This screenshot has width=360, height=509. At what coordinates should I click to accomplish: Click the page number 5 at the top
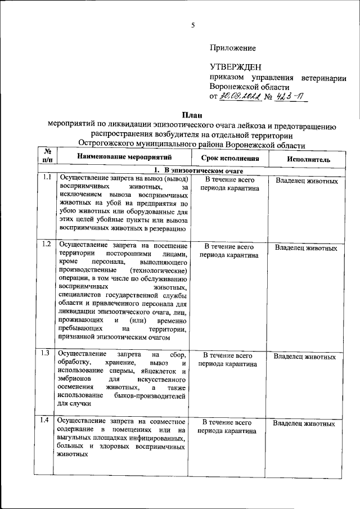coord(192,25)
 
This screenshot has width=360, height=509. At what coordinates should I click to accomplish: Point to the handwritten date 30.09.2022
coord(240,97)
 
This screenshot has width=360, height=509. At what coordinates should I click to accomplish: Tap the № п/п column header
coord(47,155)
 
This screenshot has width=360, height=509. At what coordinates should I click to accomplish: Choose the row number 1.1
coord(47,178)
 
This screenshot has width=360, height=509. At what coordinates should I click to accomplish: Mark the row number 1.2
coord(47,244)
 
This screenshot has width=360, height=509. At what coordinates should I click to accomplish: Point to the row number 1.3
coord(47,354)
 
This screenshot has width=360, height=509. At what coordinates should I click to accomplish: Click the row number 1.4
coord(47,421)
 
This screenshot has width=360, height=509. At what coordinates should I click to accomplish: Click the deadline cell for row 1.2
coord(228,251)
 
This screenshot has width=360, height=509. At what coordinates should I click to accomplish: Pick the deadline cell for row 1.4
coord(228,426)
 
